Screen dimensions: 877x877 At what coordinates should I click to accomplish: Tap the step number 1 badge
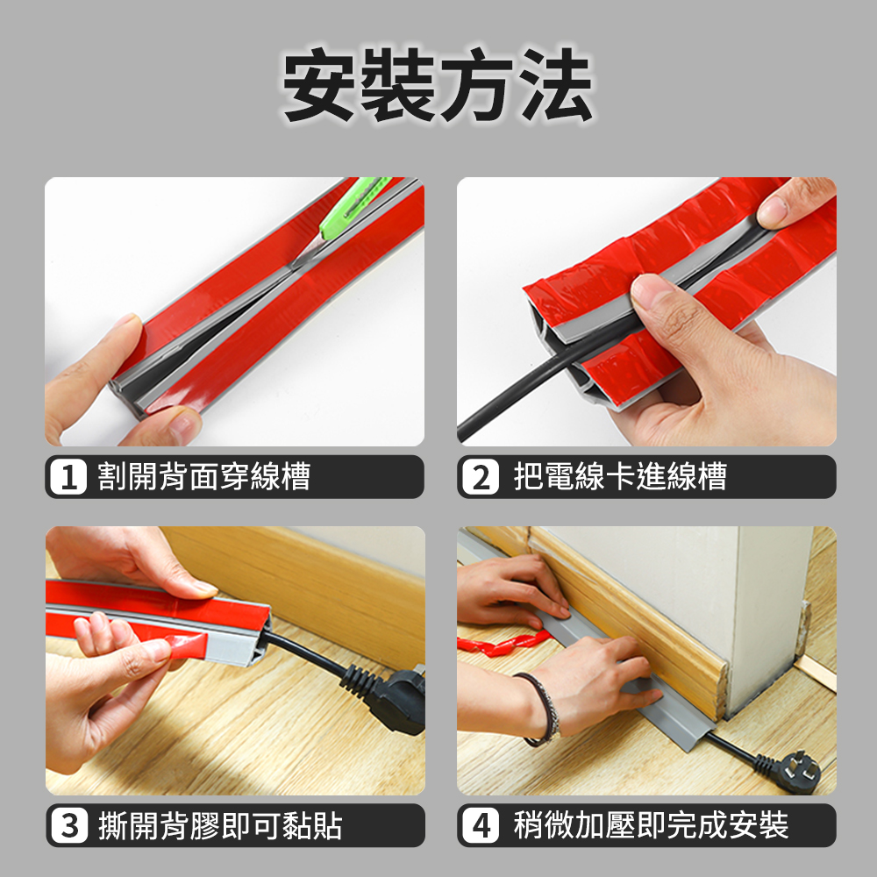68,477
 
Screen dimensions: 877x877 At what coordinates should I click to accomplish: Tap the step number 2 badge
480,477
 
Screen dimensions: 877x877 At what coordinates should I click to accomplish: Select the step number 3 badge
68,825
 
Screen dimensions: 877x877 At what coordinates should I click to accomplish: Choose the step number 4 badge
480,825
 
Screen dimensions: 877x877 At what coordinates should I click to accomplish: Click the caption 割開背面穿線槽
203,477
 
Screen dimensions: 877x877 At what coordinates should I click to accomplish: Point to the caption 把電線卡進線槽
619,477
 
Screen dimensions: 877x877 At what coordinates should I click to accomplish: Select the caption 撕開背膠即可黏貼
219,825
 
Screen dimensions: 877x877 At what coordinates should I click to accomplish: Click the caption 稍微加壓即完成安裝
651,825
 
